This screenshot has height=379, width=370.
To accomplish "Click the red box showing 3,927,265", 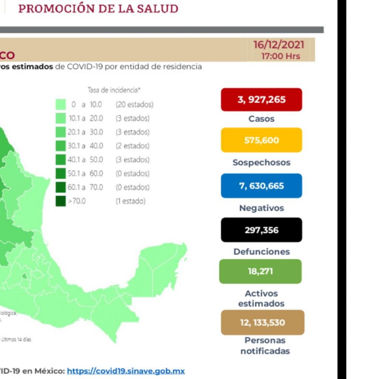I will point(262,100).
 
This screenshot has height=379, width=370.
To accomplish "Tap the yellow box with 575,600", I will point(262,140).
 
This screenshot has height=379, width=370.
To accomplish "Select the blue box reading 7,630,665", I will point(262,186).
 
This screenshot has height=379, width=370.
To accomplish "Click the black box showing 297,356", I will point(262,230).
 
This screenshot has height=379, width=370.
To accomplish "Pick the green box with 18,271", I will point(260,271).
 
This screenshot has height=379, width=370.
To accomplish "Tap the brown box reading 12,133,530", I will point(263,322).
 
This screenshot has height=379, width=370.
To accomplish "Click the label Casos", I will point(262,119).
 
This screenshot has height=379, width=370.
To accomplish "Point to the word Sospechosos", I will point(262,162).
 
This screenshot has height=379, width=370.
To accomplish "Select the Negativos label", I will point(262,208).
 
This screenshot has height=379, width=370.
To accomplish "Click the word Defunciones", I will point(262,252).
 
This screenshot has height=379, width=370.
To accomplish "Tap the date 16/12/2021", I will point(279,45).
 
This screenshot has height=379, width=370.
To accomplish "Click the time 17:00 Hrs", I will point(280,56).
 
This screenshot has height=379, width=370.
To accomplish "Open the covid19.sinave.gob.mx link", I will point(126,370).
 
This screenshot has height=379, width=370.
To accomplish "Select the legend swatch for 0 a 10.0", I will point(61,105).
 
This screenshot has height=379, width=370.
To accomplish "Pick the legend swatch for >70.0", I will point(61,201).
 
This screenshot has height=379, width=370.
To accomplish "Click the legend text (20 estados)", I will point(134,105).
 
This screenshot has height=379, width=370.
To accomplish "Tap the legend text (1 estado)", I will point(131,201).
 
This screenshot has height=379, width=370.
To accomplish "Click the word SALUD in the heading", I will point(157,9).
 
